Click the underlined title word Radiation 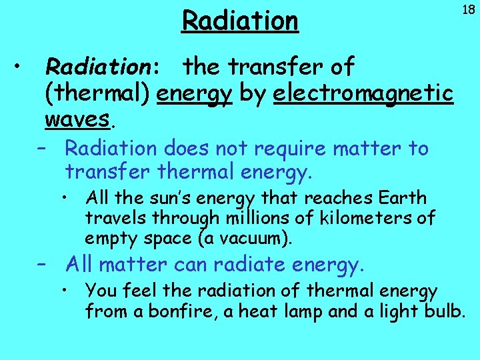click(240, 21)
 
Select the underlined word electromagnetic click(363, 94)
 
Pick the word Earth click(401, 198)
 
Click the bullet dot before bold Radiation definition click(21, 66)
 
